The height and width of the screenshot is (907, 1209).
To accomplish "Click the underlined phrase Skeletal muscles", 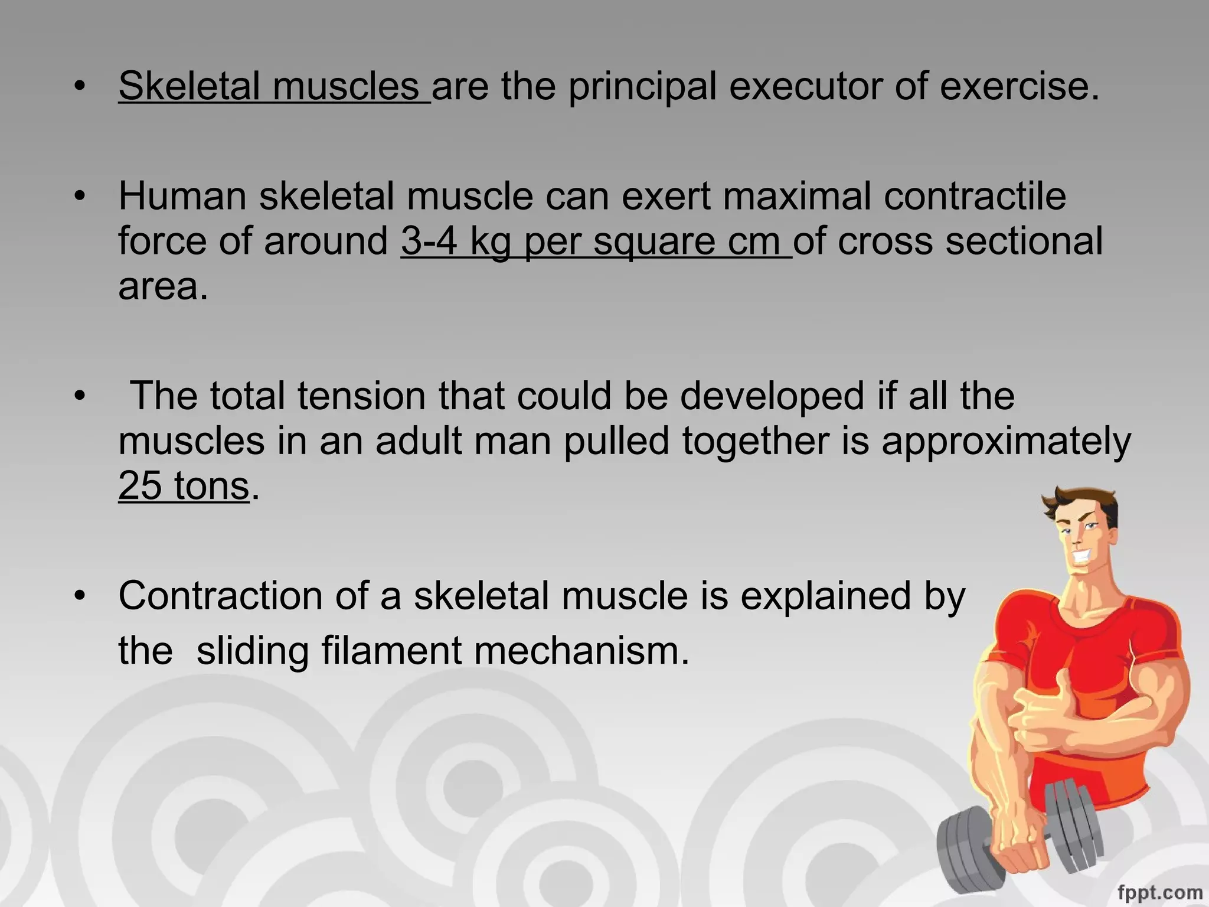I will tap(274, 87).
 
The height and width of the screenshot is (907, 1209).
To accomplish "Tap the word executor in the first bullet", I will tap(805, 87).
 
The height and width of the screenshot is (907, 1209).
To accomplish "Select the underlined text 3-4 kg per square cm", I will tap(595, 242).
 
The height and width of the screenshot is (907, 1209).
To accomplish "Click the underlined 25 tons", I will tap(184, 486).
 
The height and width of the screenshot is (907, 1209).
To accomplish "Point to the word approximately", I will tap(1006, 442).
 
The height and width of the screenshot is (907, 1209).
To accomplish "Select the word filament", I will tap(391, 651).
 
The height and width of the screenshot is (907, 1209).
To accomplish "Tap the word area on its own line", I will tap(162, 288).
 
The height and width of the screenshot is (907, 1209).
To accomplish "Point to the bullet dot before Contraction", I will tap(80, 595).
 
